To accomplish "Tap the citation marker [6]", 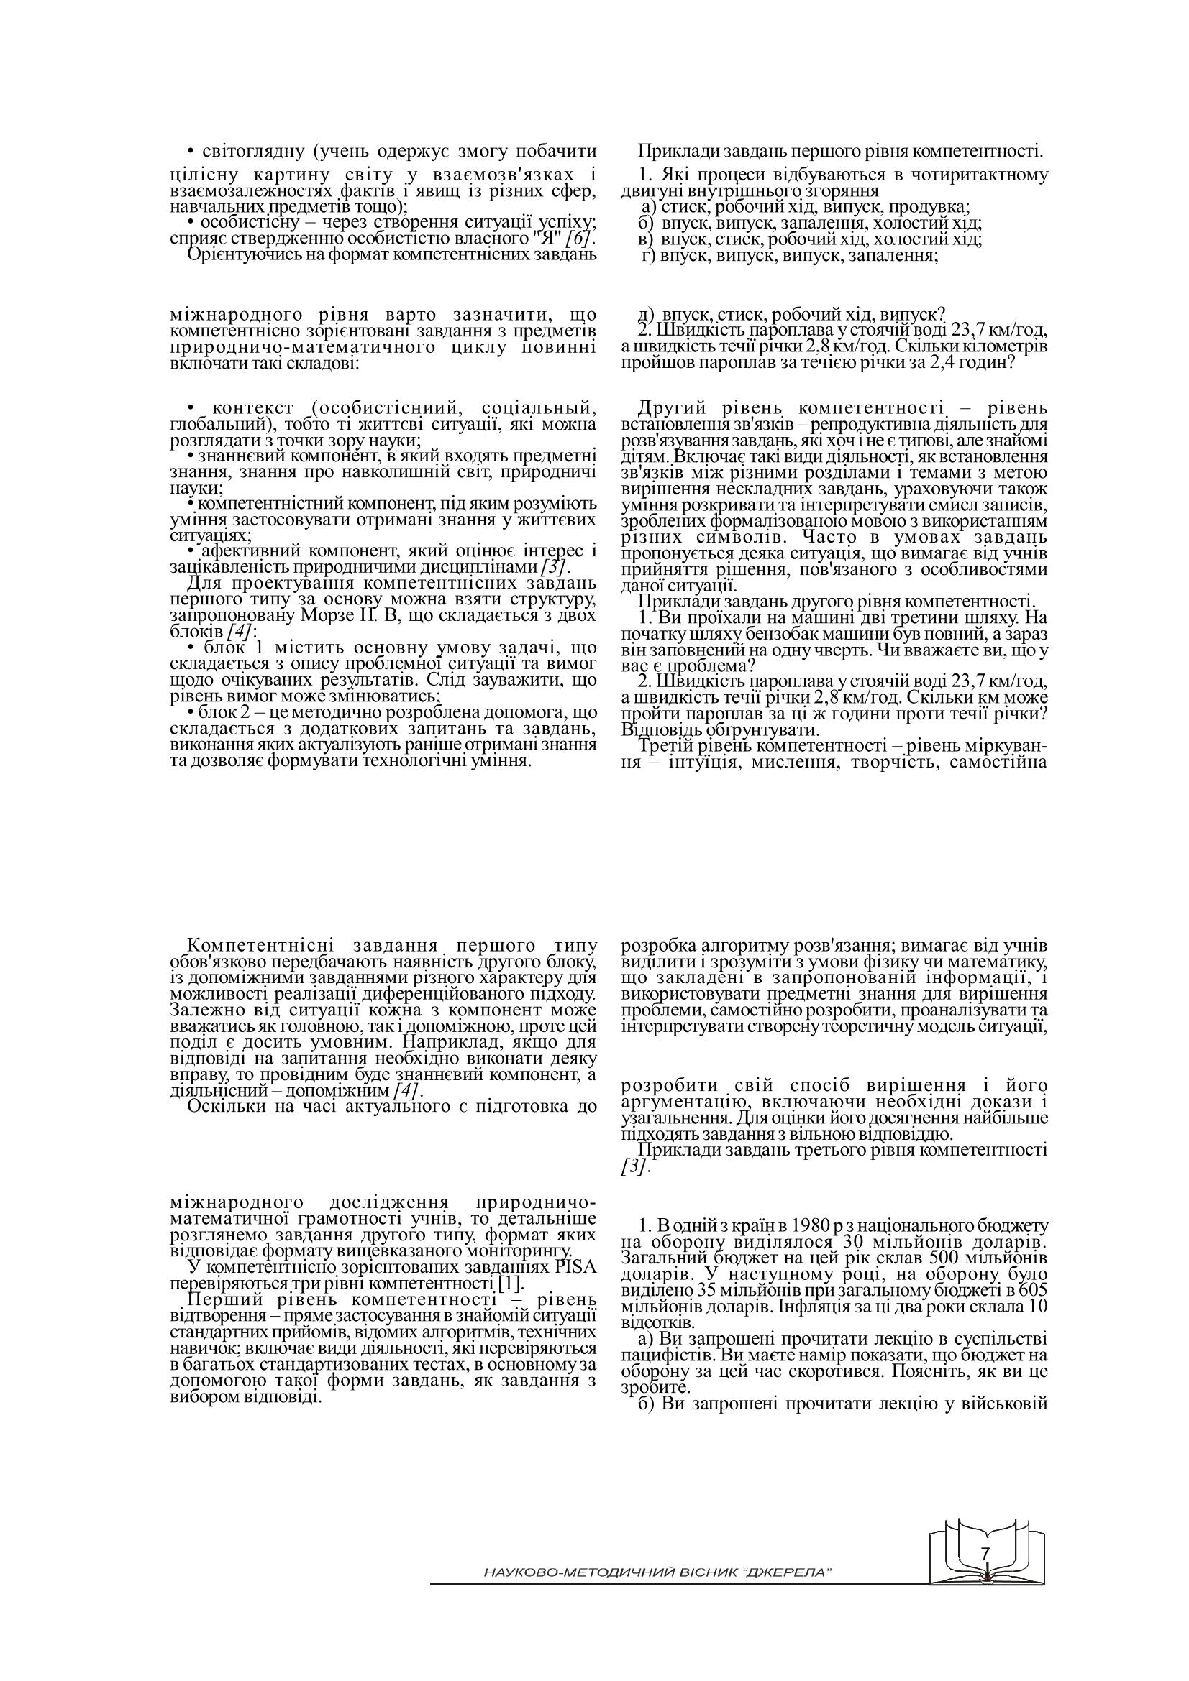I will click(x=580, y=239).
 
